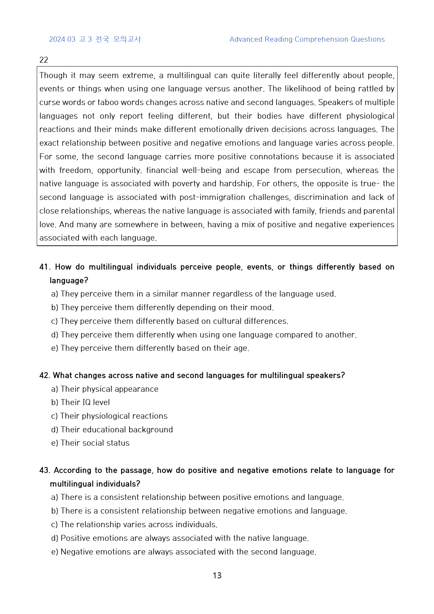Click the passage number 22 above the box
point(44,60)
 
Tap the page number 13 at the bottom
point(217,575)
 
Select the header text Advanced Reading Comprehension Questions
point(307,39)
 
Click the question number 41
point(45,267)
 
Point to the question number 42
point(45,376)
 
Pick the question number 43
point(45,470)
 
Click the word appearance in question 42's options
point(136,389)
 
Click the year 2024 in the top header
point(57,39)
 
